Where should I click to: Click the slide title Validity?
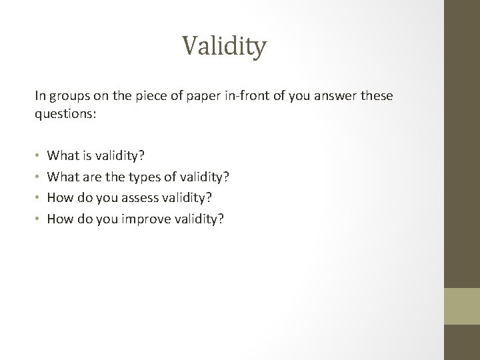224,47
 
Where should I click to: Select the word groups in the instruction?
66,96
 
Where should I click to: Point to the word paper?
198,96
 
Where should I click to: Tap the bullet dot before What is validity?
38,156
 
